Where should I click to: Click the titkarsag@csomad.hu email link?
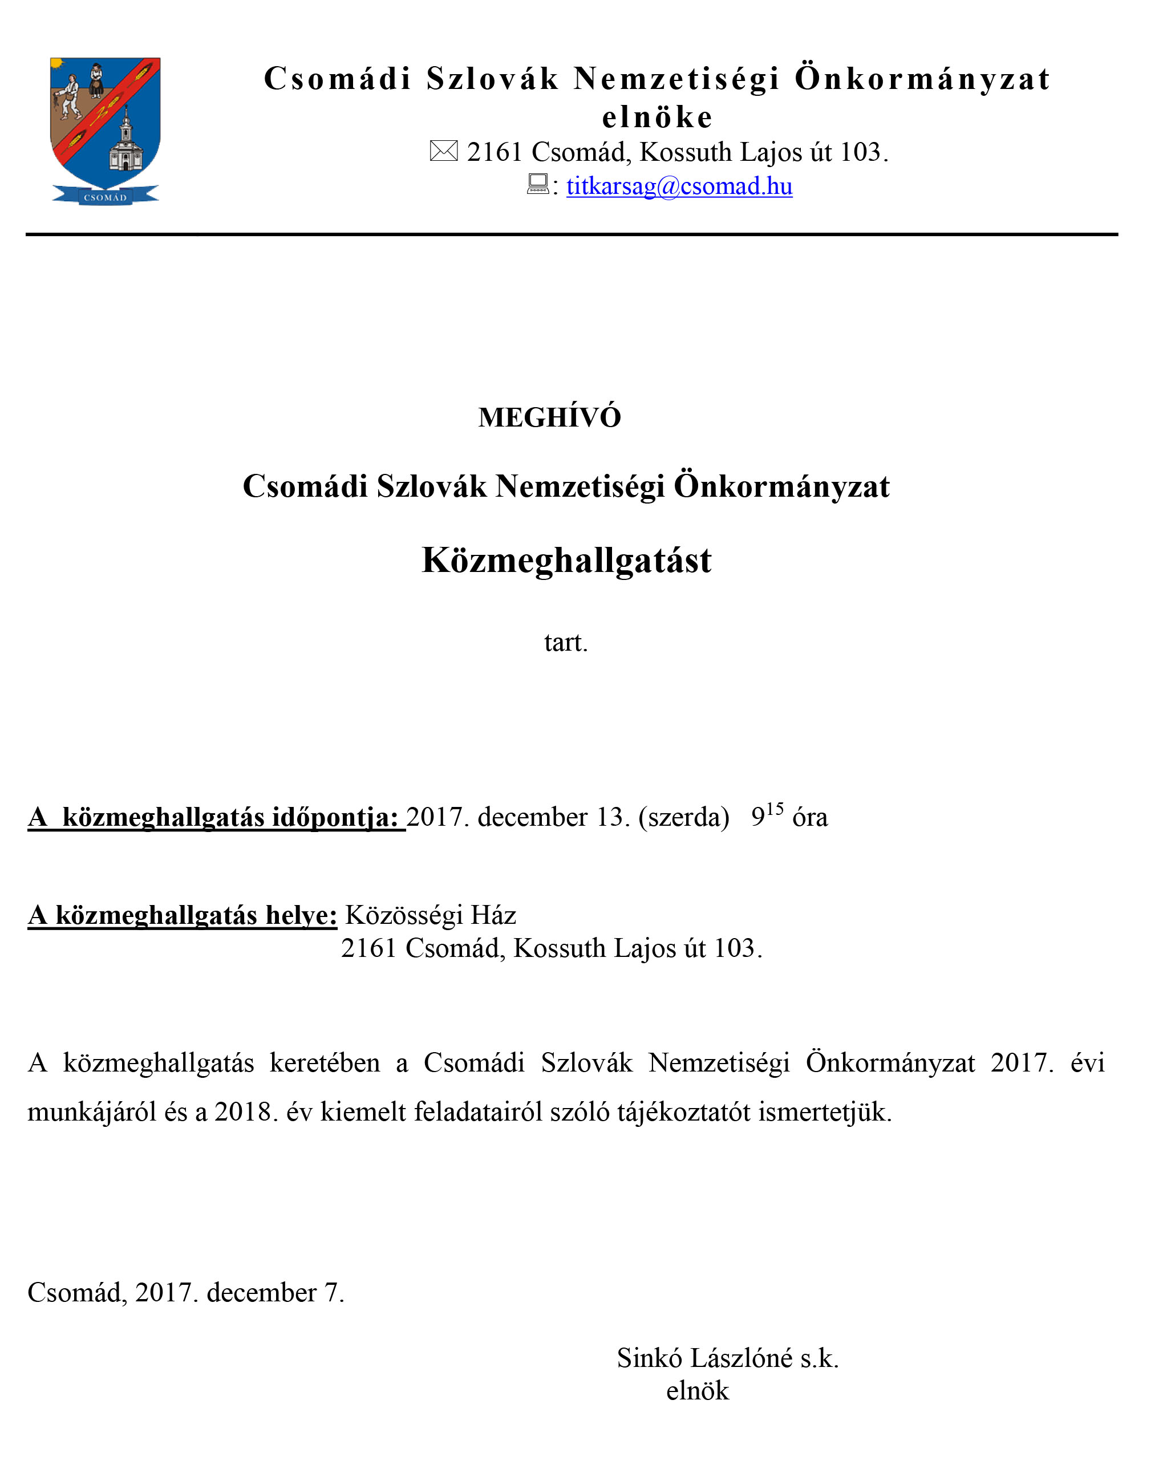[679, 186]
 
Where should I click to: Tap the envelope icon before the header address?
[443, 151]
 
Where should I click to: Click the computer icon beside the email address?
[538, 184]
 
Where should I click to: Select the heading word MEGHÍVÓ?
[549, 417]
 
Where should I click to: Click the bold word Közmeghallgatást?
[566, 561]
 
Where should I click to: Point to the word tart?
[565, 643]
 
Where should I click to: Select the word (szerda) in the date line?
[684, 817]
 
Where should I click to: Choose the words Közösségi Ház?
[430, 915]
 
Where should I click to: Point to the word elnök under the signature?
[698, 1391]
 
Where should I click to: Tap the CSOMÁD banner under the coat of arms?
[106, 197]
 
